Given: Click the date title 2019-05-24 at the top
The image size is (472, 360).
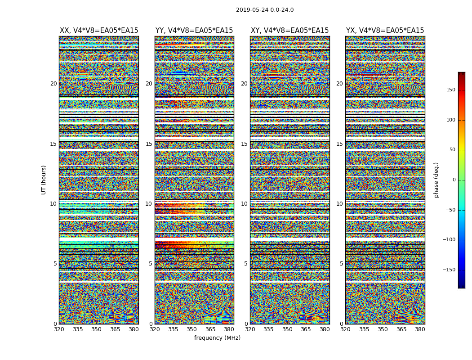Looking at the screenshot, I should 264,10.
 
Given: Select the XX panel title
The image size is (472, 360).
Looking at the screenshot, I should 99,31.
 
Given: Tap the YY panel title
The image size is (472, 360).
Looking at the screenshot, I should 194,31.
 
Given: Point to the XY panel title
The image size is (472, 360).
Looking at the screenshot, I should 289,31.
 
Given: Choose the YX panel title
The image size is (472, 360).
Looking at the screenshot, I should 385,31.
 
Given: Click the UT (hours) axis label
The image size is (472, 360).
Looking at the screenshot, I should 44,180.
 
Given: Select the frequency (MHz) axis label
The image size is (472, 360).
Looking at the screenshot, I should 217,338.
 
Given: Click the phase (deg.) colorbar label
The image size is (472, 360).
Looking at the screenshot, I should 436,180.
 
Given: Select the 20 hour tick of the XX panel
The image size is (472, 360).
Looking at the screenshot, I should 53,84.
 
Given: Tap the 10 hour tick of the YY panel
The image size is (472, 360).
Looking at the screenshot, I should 149,204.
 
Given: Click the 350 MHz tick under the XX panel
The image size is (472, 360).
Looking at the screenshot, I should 96,329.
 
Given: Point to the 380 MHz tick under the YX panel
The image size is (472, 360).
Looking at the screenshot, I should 420,329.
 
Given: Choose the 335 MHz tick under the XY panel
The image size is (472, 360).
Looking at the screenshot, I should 268,329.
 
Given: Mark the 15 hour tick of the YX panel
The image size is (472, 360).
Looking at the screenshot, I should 339,144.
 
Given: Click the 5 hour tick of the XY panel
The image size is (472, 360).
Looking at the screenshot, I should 246,264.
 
